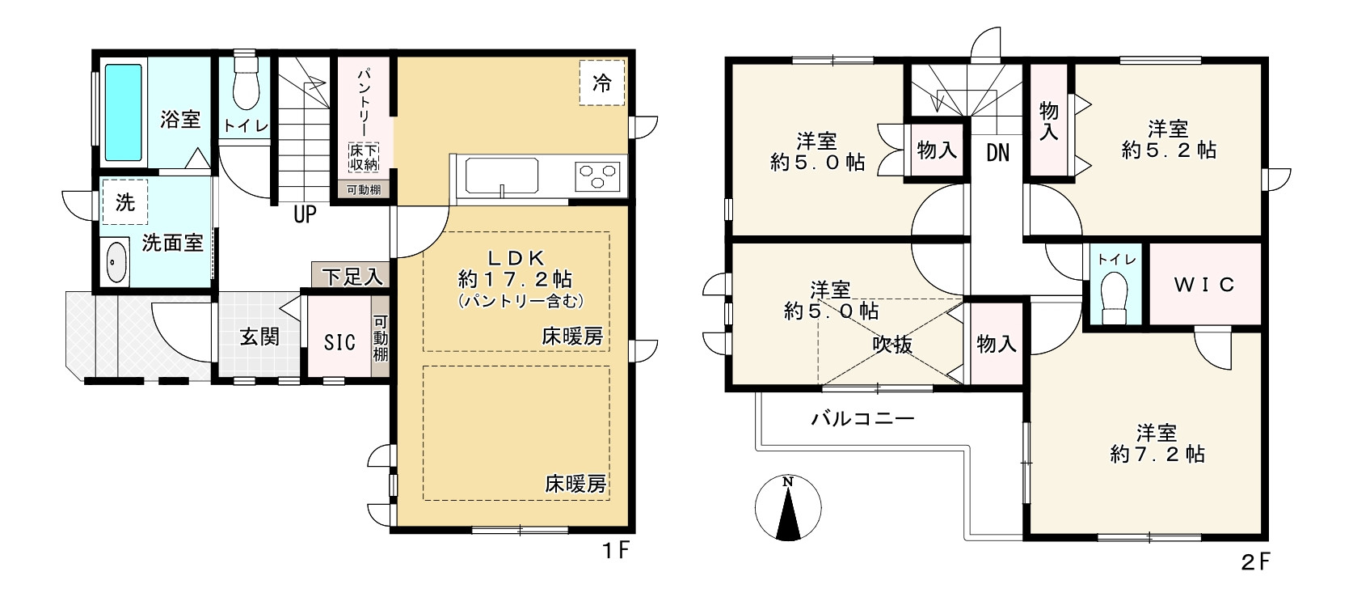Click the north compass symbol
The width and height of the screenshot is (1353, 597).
click(x=787, y=508)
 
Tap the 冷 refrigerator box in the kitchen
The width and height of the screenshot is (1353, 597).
click(x=602, y=82)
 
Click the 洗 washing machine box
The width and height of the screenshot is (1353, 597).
click(x=124, y=201)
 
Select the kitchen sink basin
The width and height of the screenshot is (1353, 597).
click(x=501, y=176)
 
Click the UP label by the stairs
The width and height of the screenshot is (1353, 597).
click(x=305, y=214)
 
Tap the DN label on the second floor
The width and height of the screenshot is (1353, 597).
click(x=998, y=153)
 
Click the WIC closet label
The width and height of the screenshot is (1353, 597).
click(x=1203, y=285)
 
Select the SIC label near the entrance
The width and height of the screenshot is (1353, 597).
click(x=339, y=342)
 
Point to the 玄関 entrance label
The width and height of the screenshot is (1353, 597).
click(x=259, y=336)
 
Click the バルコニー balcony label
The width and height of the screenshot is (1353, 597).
click(x=862, y=419)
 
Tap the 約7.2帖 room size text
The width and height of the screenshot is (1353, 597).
click(x=1157, y=454)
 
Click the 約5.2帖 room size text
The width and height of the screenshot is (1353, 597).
click(x=1169, y=150)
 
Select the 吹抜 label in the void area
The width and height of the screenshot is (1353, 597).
click(x=892, y=345)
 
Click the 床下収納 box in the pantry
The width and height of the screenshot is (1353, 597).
click(x=364, y=158)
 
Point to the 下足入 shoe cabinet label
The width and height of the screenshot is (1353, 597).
click(x=352, y=277)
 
